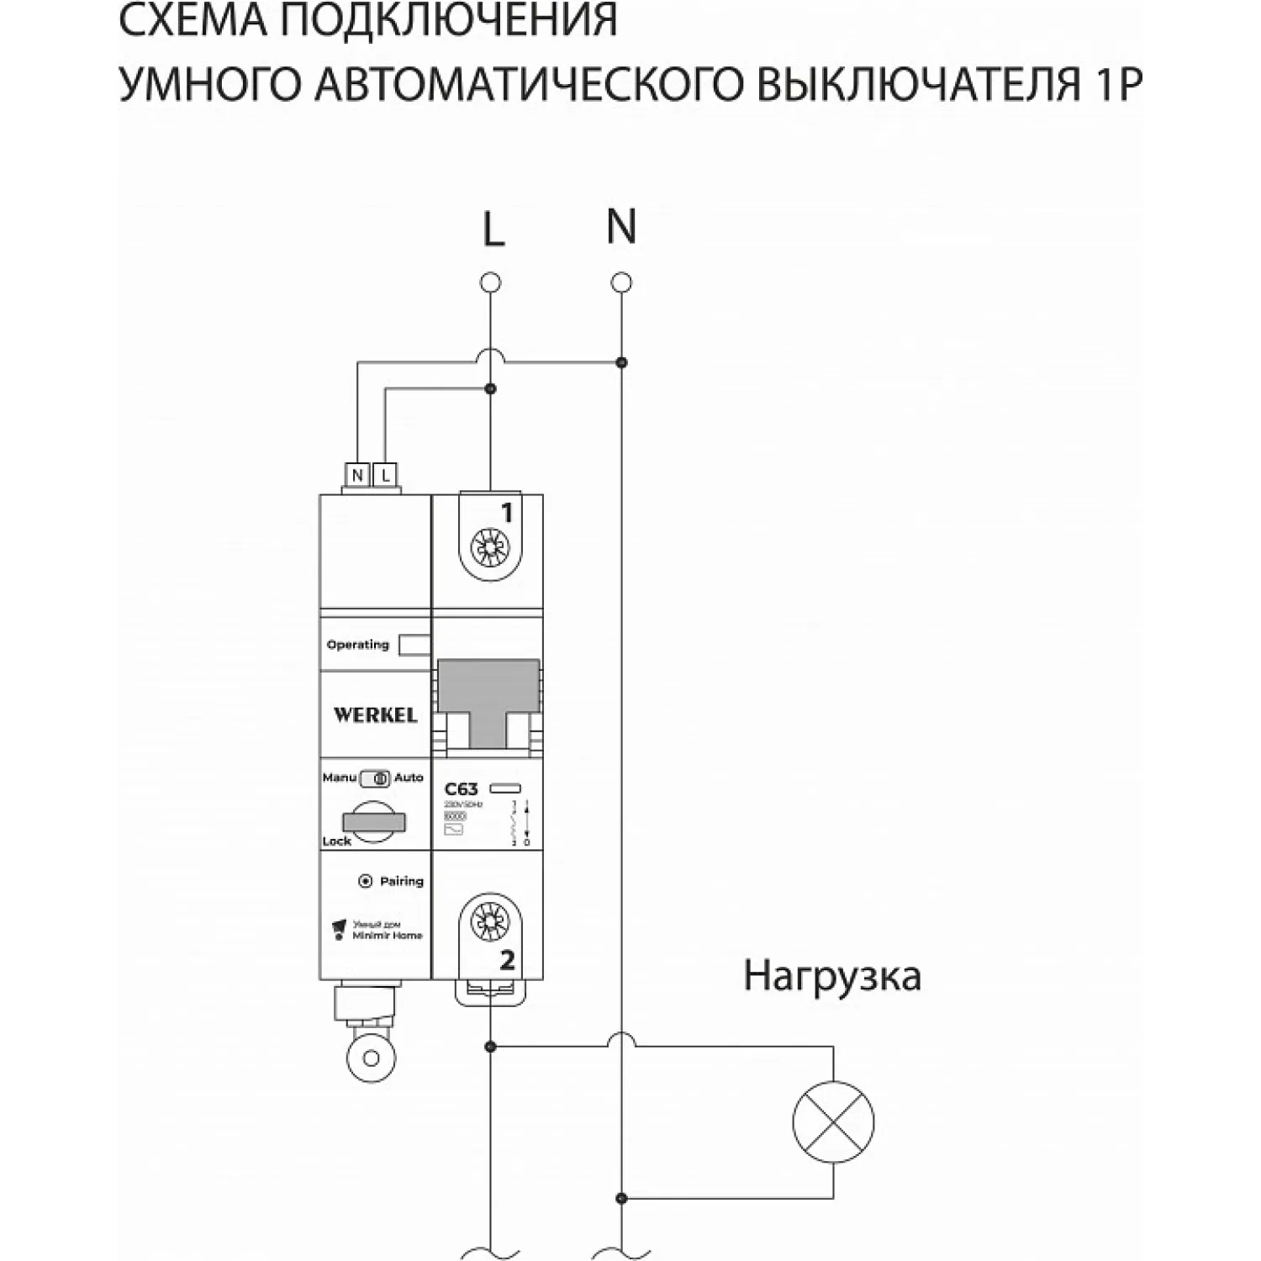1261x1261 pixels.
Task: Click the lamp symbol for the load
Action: click(833, 1122)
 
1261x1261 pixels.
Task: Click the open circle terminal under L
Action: click(490, 282)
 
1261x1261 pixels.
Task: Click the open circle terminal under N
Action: click(621, 282)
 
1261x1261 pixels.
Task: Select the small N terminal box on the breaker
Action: click(358, 476)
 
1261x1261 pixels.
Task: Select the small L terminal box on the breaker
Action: click(385, 476)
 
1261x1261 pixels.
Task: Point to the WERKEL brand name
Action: click(375, 715)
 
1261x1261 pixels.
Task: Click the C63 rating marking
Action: click(461, 789)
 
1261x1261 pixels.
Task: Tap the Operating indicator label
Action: click(358, 645)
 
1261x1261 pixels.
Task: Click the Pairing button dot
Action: click(365, 881)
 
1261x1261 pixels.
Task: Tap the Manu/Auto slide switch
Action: click(375, 778)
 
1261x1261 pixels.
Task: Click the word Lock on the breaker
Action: click(336, 841)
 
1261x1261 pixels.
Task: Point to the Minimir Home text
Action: click(388, 935)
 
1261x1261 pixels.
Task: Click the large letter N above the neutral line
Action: click(621, 226)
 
